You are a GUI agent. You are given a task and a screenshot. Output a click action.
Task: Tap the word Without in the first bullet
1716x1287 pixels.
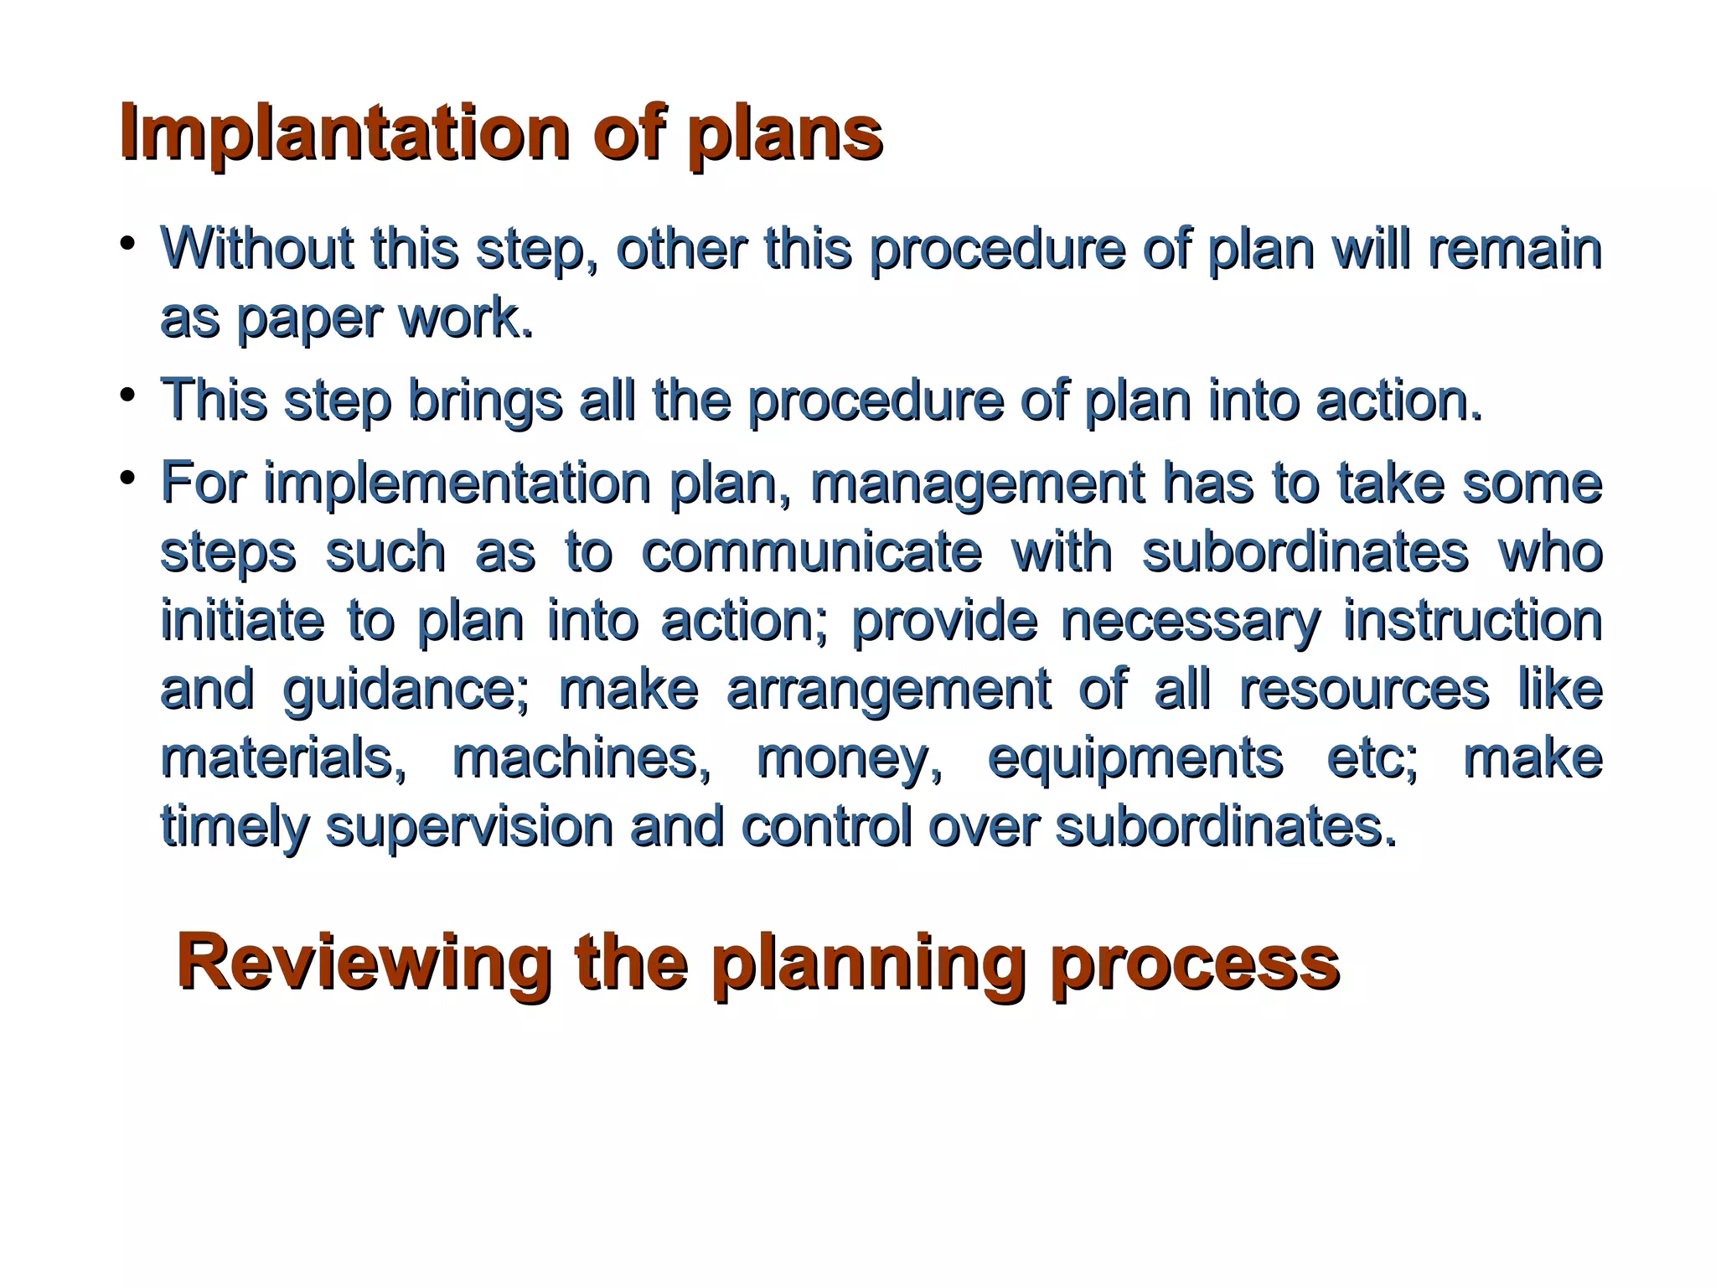(256, 249)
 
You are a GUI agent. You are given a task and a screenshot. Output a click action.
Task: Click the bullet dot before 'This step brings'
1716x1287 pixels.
(127, 394)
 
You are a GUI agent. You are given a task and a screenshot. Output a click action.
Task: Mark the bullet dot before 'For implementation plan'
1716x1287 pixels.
(127, 478)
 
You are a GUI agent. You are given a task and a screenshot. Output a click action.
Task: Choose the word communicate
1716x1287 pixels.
(811, 553)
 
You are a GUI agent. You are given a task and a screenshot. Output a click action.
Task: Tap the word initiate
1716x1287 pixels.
(242, 621)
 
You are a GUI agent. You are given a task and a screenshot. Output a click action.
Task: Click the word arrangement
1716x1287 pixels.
(888, 690)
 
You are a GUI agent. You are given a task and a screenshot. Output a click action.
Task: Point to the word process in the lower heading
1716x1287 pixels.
(1195, 964)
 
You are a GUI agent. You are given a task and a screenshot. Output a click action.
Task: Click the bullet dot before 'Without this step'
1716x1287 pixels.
(127, 243)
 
